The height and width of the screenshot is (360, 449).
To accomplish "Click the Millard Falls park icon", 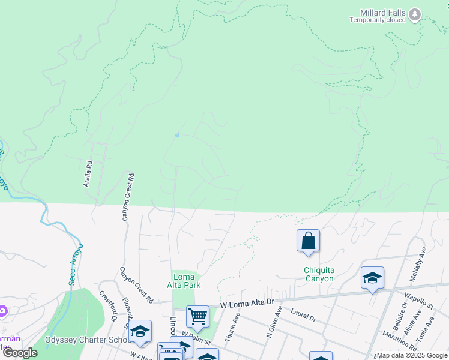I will coord(415,14).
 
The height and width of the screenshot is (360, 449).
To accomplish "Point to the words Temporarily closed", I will coord(378,20).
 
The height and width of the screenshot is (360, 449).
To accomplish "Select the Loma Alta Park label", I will coord(186,281).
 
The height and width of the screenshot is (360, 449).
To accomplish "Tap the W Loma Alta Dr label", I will coord(247,305).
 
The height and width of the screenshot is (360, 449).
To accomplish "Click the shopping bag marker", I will coord(308,241).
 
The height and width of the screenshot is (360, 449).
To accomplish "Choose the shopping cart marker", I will coord(197,316).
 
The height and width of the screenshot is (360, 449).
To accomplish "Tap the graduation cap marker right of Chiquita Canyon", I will coord(372,278).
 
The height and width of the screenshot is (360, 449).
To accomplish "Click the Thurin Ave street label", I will coord(232,331).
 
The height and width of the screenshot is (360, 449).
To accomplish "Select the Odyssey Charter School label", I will coord(89,340).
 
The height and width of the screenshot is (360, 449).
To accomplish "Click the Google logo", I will coord(20,353).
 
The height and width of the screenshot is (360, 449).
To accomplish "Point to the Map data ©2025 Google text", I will coord(412,355).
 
